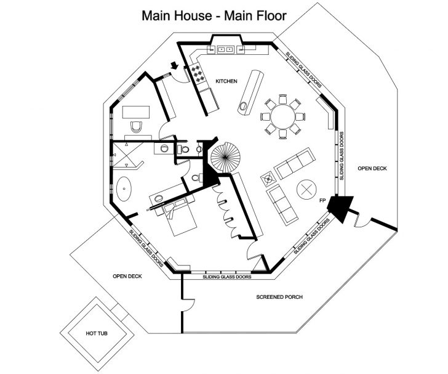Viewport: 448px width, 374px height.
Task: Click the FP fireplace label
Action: [x=322, y=201]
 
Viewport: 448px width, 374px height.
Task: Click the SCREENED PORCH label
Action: [x=279, y=297]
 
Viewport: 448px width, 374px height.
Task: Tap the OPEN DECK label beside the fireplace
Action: [x=373, y=169]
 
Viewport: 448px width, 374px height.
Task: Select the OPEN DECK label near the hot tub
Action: [x=127, y=276]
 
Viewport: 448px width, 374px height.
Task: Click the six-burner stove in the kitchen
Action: [x=199, y=75]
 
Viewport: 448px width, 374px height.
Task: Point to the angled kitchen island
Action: [x=252, y=92]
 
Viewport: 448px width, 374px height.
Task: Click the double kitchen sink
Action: [x=225, y=48]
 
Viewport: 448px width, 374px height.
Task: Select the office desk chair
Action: [x=136, y=128]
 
